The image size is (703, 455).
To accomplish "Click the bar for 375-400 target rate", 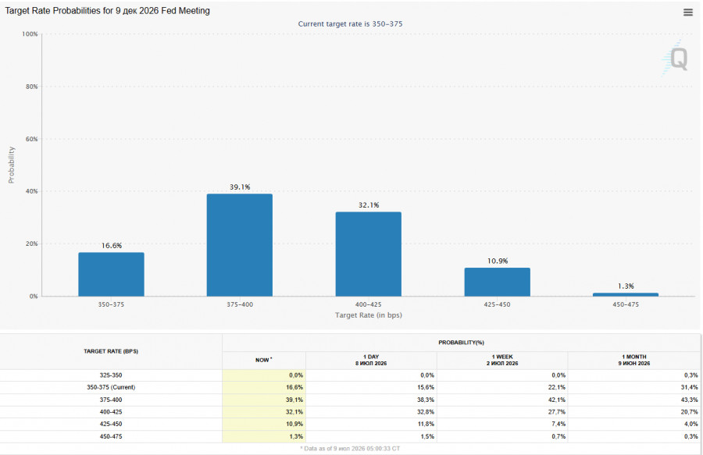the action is tap(240, 245).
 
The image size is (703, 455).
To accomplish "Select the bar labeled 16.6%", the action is tap(111, 274).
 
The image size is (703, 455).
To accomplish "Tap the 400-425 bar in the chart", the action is tap(369, 254).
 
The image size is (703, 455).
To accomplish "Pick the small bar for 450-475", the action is tap(626, 295).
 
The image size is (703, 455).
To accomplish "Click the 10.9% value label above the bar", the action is tap(498, 261).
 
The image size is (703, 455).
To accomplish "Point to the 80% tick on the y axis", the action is tap(31, 87).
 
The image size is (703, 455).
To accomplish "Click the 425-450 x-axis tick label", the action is tap(497, 304).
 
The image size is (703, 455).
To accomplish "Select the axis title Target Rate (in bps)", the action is tap(369, 315).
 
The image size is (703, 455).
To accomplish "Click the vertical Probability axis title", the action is tap(11, 165).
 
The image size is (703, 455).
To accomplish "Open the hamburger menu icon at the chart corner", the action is tap(687, 12).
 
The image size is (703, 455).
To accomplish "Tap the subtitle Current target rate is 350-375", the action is tap(350, 24).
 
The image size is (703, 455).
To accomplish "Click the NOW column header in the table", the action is tap(264, 360).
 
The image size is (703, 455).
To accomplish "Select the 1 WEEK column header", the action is tap(502, 360).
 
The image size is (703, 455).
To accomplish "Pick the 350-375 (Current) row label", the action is tap(111, 387).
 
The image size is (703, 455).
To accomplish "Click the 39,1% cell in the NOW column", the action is tap(294, 400).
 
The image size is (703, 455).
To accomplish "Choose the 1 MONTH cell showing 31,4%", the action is tap(689, 387).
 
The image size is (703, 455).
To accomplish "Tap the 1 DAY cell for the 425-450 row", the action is tap(426, 424).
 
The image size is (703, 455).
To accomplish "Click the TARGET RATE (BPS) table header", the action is tap(111, 351).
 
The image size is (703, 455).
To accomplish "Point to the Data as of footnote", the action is tap(350, 448).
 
